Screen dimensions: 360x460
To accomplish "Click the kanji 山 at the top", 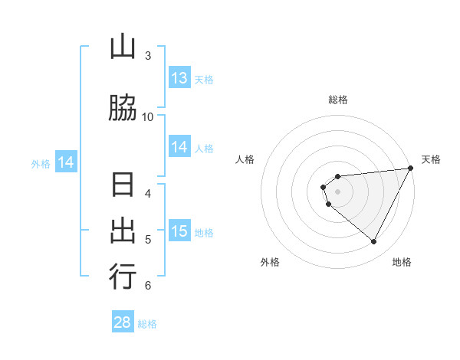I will tap(123, 47).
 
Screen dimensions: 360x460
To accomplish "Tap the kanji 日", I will tap(123, 187).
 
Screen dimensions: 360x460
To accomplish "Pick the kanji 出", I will tap(123, 231).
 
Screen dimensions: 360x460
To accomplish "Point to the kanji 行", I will tap(123, 276).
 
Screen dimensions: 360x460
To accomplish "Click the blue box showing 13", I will tap(179, 78).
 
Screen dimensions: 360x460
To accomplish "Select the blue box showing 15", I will tap(179, 231).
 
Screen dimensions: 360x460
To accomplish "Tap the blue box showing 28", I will tap(123, 322).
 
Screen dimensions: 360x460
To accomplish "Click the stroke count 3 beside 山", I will tap(147, 56).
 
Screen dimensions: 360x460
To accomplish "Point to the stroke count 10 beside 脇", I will tap(147, 116).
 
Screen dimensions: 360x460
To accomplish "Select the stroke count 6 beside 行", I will tap(147, 286).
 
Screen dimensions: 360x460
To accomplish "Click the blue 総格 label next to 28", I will tap(147, 324).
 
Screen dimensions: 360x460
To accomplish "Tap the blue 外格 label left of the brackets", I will tap(41, 163).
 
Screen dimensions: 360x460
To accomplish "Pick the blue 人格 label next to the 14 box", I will tap(204, 149).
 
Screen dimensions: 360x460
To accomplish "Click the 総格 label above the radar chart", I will tap(337, 100).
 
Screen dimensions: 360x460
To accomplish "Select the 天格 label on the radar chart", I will tap(431, 159).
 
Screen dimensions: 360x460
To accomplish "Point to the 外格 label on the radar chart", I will tap(270, 262).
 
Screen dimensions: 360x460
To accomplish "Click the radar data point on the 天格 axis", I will tap(410, 168).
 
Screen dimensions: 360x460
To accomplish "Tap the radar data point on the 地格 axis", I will tap(373, 242).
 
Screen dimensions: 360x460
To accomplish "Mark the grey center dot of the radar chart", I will tap(337, 191).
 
